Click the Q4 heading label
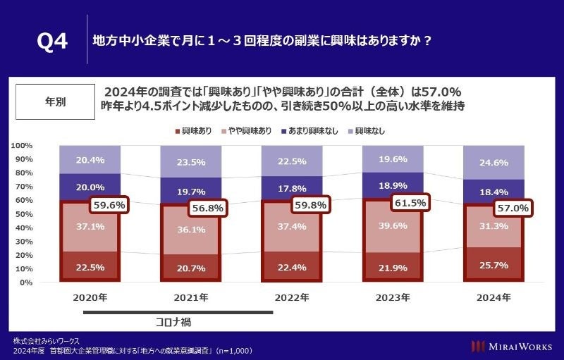[x=52, y=41]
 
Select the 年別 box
[x=54, y=101]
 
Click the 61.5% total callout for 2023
[x=410, y=204]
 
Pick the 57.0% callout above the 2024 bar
[x=512, y=209]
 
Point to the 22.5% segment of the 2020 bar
[x=90, y=267]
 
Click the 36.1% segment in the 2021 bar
[x=190, y=230]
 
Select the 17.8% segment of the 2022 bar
[x=291, y=188]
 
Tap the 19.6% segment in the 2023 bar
[x=392, y=159]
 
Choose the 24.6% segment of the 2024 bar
[x=493, y=163]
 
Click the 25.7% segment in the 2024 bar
[x=493, y=265]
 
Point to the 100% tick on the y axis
[x=21, y=145]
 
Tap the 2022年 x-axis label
[x=291, y=298]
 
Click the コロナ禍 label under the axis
[x=173, y=322]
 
